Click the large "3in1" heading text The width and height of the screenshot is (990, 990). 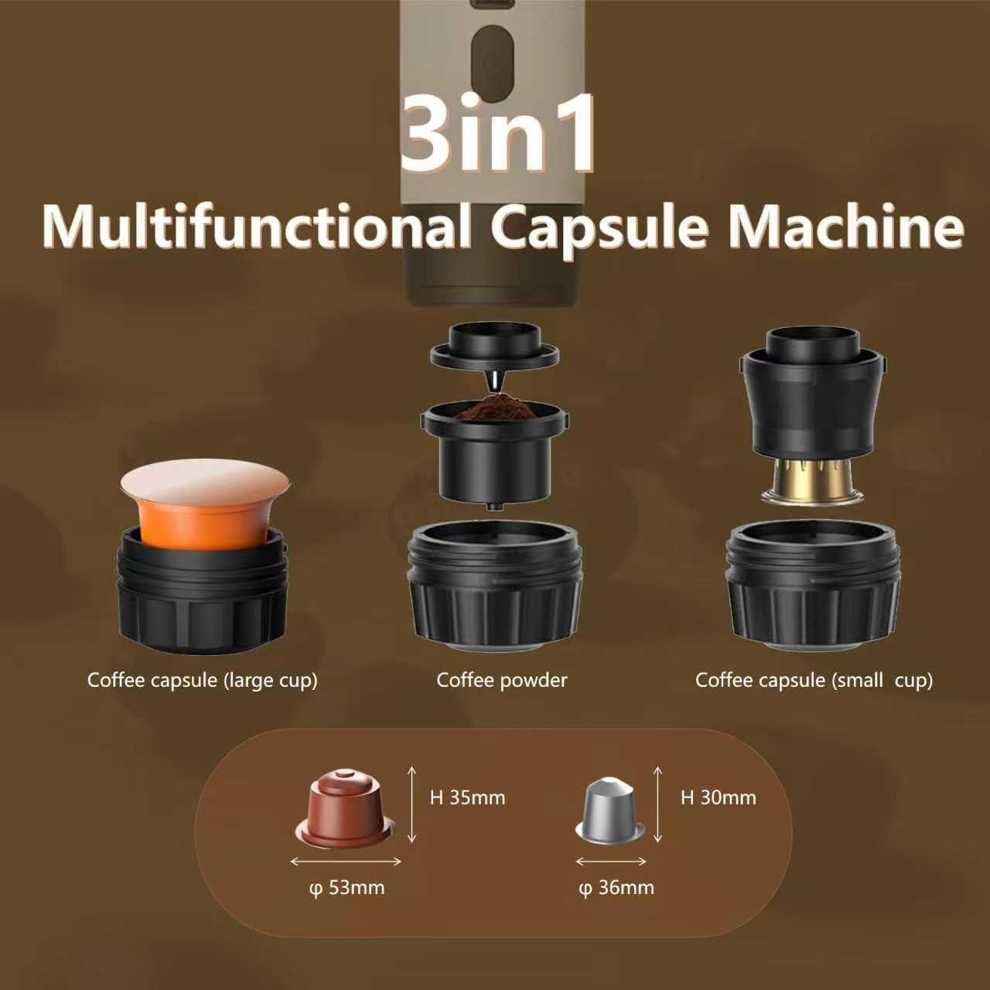[x=497, y=135]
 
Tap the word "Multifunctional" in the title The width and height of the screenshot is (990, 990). [x=256, y=227]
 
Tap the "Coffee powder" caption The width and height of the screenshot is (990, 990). [x=502, y=680]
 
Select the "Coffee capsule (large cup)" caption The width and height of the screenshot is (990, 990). [x=203, y=681]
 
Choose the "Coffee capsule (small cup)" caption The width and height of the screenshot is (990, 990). [x=814, y=681]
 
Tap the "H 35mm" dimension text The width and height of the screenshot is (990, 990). [x=467, y=798]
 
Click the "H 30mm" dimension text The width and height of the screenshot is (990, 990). [x=719, y=798]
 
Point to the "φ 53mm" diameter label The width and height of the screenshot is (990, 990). [x=346, y=887]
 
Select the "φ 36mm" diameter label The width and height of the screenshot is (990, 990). [x=616, y=887]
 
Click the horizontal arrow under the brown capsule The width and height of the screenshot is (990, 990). [x=346, y=862]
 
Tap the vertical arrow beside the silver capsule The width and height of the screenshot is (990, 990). [x=658, y=804]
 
